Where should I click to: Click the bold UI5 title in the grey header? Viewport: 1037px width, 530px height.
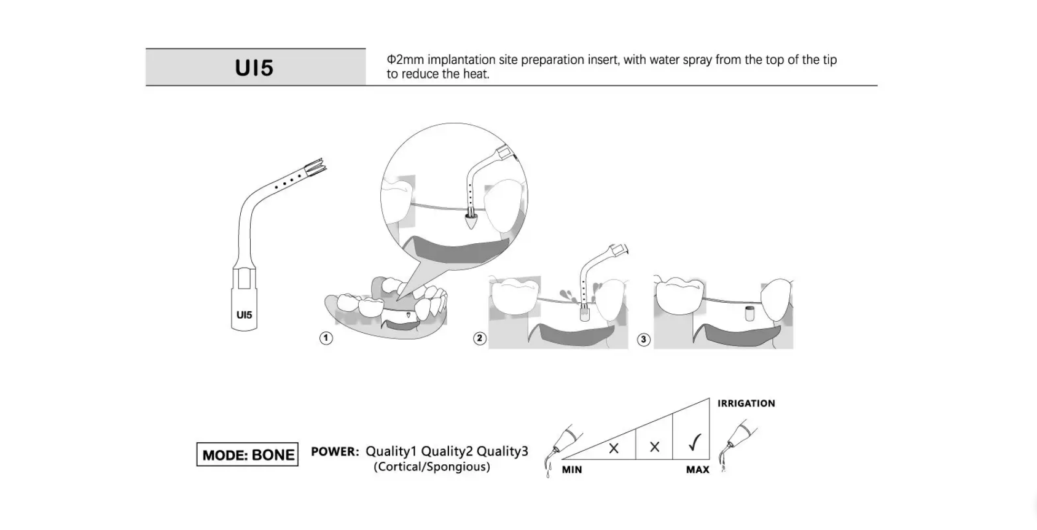[x=254, y=68]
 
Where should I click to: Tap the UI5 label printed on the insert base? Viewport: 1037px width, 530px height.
[x=244, y=315]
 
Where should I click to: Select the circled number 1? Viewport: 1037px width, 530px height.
[x=326, y=338]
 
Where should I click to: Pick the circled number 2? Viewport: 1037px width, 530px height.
[x=480, y=338]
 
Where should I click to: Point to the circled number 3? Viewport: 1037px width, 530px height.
[x=643, y=339]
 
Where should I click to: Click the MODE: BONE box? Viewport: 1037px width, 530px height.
[x=247, y=454]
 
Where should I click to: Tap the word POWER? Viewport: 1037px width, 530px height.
[x=335, y=451]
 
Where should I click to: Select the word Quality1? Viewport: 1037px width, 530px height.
[x=391, y=451]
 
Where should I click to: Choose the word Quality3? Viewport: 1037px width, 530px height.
[x=503, y=451]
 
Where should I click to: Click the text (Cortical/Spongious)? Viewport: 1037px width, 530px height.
[x=431, y=467]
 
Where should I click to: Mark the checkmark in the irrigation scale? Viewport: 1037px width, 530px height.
[x=694, y=442]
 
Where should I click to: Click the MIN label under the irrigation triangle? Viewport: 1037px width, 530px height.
[x=572, y=470]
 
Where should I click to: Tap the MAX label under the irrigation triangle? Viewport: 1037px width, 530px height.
[x=698, y=470]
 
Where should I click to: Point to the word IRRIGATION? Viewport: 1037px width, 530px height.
[x=746, y=403]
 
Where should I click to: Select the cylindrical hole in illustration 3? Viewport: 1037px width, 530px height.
[x=749, y=313]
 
